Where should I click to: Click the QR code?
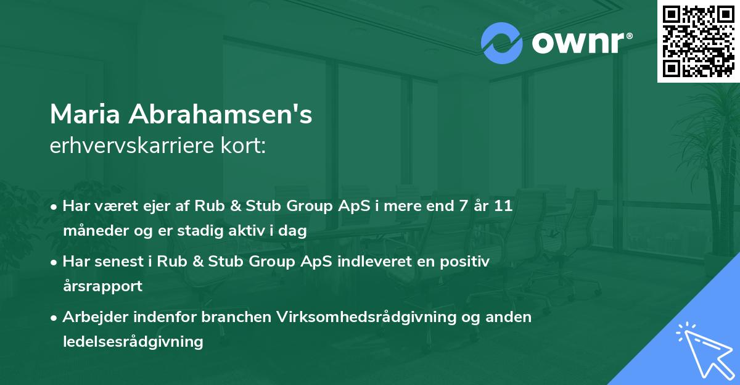click(x=698, y=41)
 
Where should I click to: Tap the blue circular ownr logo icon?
click(x=501, y=43)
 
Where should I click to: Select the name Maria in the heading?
click(x=86, y=115)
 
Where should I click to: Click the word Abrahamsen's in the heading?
click(x=221, y=115)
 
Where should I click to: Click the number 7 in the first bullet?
click(x=458, y=206)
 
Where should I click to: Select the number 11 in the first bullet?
click(x=504, y=206)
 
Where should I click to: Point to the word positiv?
click(x=467, y=262)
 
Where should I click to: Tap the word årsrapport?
click(x=102, y=286)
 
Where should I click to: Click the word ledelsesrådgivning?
click(x=133, y=342)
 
